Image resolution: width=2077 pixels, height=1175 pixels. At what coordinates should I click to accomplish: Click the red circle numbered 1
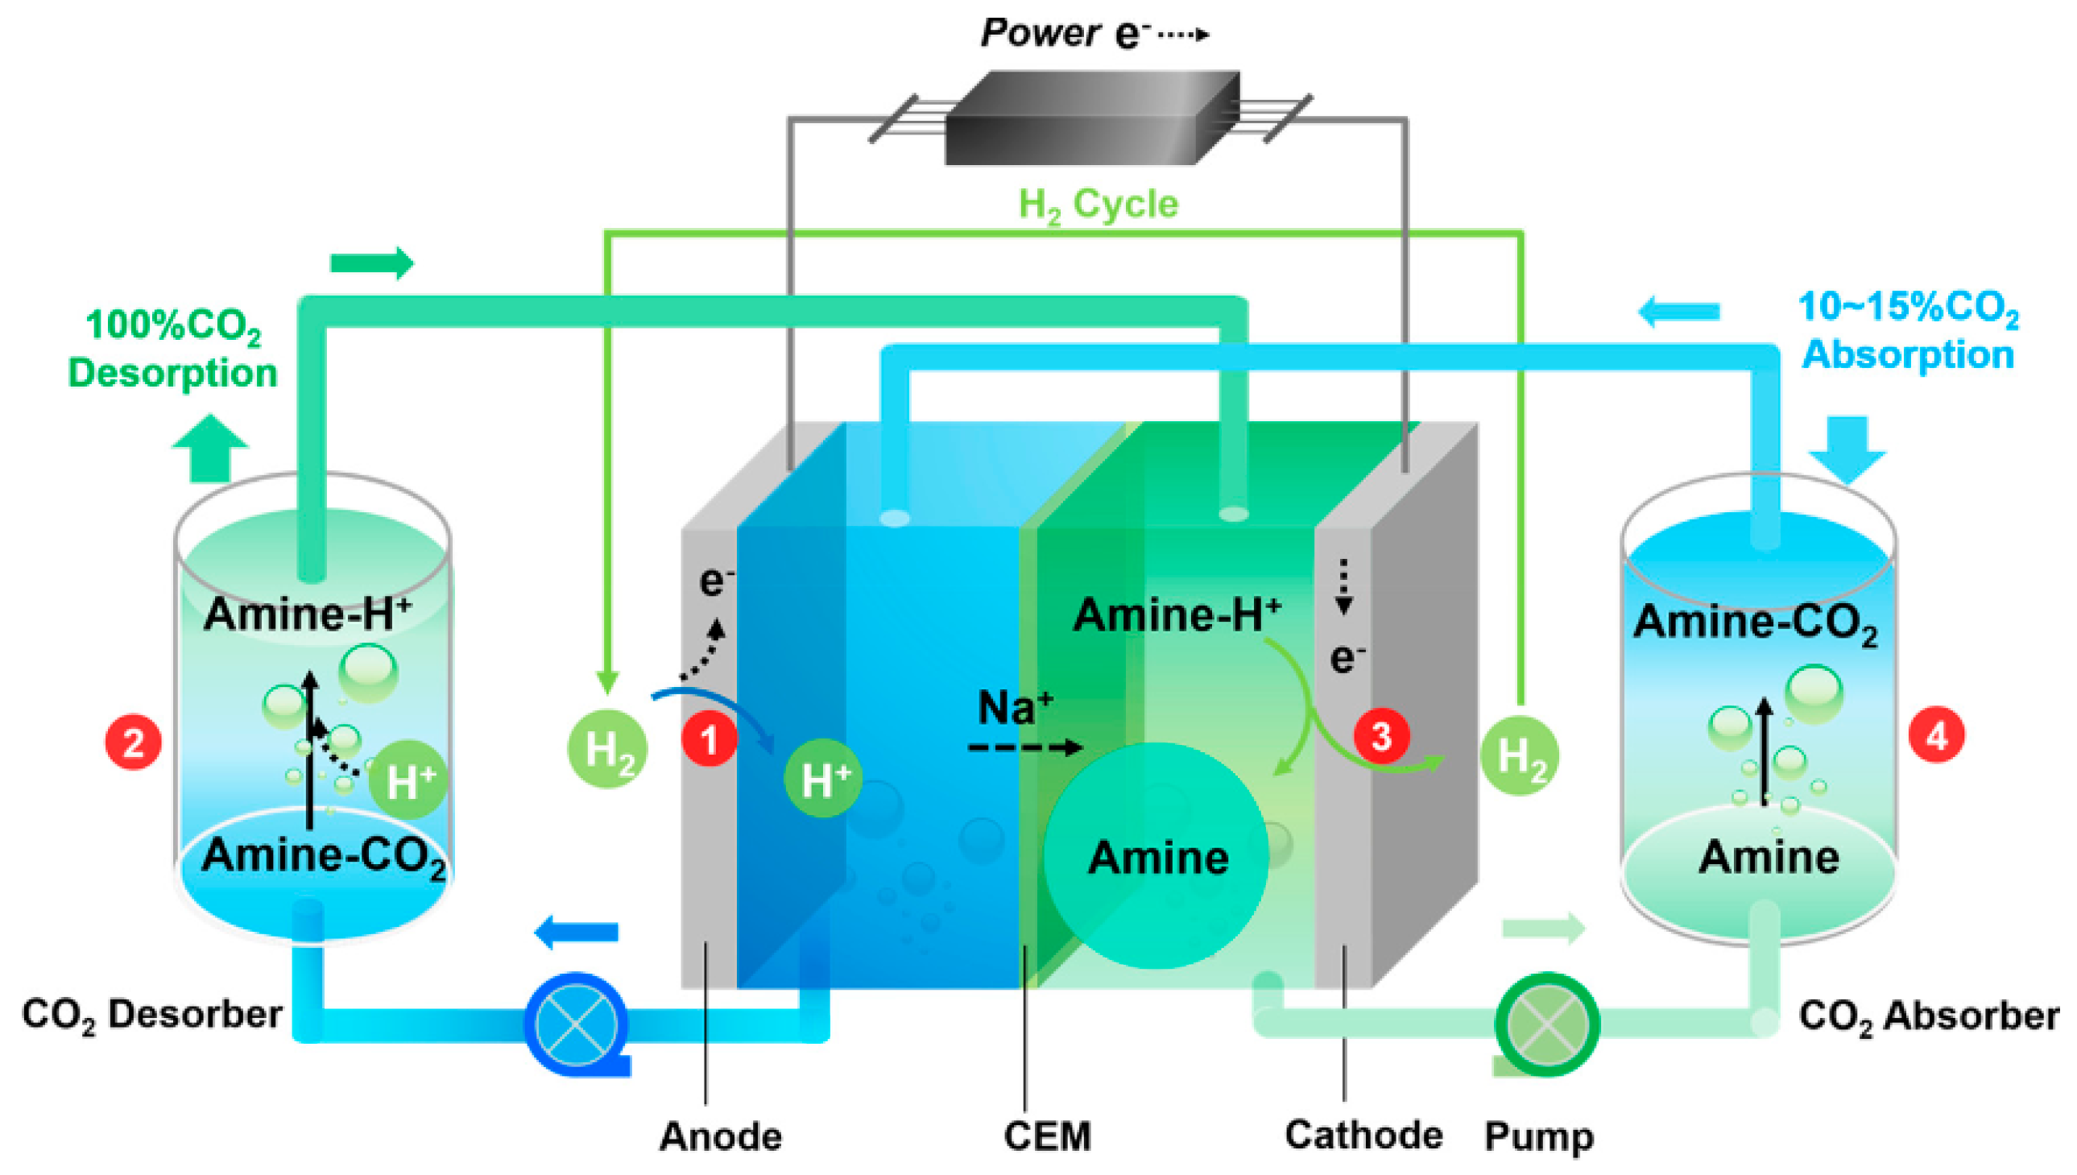coord(709,740)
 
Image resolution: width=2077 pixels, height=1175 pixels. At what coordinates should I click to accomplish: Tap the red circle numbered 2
coord(133,742)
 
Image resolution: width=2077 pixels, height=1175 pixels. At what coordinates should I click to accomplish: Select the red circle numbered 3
coord(1380,736)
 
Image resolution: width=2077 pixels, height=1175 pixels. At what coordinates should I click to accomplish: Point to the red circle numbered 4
coord(1936,734)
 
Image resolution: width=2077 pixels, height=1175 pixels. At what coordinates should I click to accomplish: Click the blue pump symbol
coord(576,1024)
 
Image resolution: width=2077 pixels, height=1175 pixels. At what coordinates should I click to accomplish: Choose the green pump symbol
coord(1546,1024)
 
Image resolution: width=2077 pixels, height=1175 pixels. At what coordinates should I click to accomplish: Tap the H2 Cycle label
coord(1098,205)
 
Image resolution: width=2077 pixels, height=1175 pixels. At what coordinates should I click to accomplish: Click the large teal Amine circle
coord(1156,855)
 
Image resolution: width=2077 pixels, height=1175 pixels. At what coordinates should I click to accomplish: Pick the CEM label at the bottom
coord(1047,1136)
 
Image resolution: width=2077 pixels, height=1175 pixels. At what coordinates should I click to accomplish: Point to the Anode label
coord(720,1136)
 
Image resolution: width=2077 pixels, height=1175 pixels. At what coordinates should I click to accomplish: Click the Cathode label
coord(1363,1135)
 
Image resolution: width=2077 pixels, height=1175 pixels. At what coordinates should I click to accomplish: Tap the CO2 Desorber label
coord(151,1015)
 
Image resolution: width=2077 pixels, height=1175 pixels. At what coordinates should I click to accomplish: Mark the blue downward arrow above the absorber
coord(1846,449)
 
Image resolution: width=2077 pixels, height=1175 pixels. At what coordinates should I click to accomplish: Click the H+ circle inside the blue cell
coord(823,778)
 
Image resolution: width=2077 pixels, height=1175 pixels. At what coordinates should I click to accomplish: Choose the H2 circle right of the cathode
coord(1519,755)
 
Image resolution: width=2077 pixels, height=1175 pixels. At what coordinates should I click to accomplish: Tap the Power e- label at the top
coord(1094,34)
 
